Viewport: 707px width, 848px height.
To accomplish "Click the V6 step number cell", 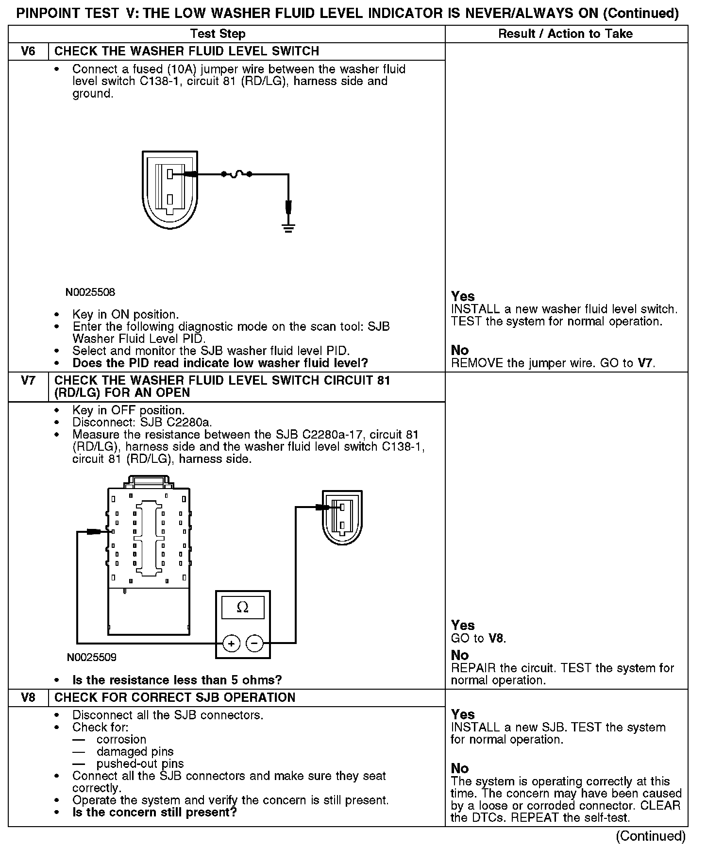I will coord(28,51).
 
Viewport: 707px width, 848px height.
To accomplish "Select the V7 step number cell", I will coord(28,380).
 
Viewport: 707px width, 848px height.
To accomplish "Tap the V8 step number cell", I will coord(28,697).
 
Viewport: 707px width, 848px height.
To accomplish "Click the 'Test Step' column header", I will coord(218,34).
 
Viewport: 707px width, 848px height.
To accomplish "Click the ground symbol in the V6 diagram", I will coord(288,228).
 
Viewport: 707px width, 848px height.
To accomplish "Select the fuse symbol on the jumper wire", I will coord(236,174).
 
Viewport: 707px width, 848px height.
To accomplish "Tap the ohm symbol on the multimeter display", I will coord(242,607).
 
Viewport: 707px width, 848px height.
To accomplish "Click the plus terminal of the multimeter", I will coord(232,644).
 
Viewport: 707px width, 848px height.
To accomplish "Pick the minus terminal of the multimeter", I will coord(255,644).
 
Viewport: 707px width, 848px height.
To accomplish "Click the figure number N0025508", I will coord(91,292).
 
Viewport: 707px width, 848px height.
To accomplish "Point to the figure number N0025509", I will coord(92,658).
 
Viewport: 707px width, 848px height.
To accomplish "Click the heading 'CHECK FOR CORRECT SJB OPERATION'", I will coord(175,697).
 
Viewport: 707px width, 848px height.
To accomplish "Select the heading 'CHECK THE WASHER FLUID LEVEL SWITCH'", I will coord(187,51).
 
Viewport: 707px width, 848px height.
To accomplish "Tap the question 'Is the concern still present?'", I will coord(154,812).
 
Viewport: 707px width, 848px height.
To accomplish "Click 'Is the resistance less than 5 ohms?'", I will coord(177,680).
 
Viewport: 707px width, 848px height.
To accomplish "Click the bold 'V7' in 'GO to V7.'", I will coord(645,363).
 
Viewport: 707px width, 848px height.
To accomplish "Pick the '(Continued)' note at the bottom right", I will coord(650,836).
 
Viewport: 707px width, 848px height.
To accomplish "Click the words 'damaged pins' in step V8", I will coord(135,752).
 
